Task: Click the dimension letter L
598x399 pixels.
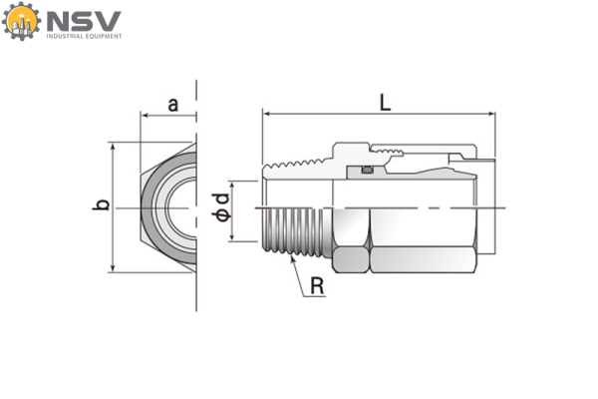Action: pyautogui.click(x=385, y=101)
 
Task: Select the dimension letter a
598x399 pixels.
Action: pyautogui.click(x=172, y=104)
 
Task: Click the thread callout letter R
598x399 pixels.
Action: pyautogui.click(x=317, y=286)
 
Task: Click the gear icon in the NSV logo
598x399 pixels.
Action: pyautogui.click(x=20, y=22)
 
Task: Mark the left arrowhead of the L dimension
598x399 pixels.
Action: pyautogui.click(x=267, y=115)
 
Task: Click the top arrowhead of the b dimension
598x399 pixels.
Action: pyautogui.click(x=114, y=146)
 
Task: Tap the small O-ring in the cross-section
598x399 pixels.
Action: pyautogui.click(x=368, y=170)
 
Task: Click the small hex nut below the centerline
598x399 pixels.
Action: pyautogui.click(x=351, y=260)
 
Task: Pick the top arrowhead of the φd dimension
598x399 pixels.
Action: pyautogui.click(x=233, y=183)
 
